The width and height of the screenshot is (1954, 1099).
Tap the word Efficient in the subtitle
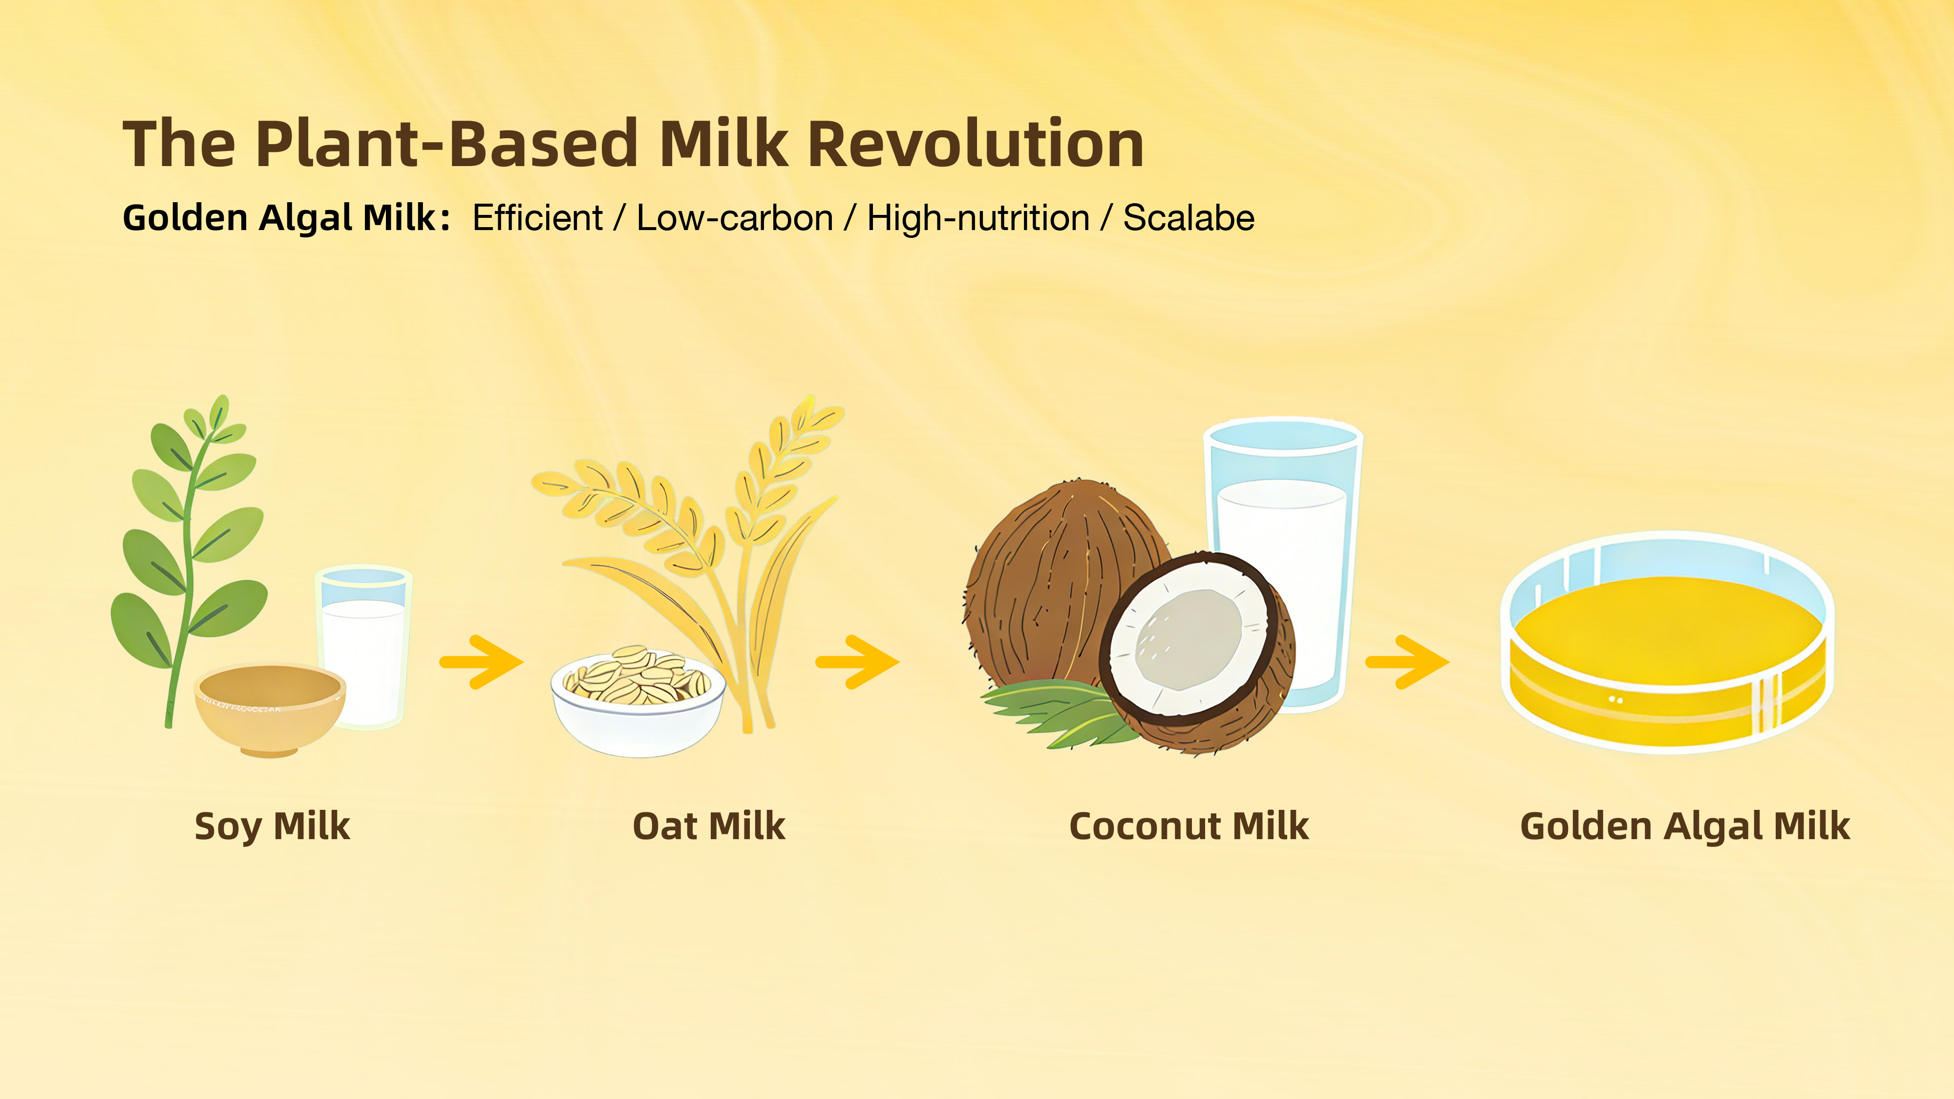[x=537, y=218]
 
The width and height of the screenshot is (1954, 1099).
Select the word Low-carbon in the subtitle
[x=734, y=218]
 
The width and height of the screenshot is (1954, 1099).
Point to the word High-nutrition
[x=978, y=218]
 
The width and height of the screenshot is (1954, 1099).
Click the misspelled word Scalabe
[x=1189, y=218]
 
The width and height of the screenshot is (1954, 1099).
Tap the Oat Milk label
[x=708, y=826]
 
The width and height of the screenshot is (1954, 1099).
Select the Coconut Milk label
[x=1189, y=826]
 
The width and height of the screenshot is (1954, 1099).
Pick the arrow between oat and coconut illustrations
[x=857, y=662]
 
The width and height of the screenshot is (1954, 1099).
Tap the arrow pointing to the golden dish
[x=1407, y=662]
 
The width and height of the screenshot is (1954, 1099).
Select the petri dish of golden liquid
[x=1667, y=643]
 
